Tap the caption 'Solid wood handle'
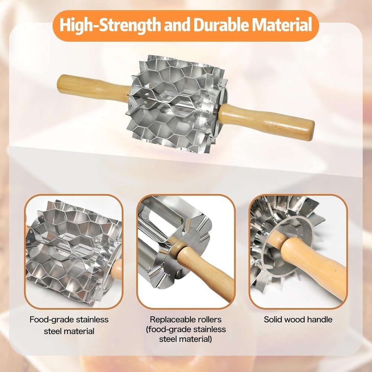click(298, 319)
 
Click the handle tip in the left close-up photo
click(118, 270)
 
